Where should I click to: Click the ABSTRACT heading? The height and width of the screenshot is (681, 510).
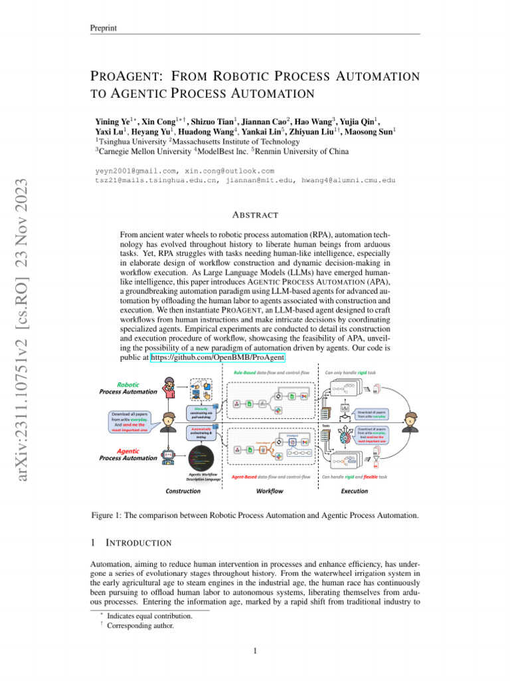[x=255, y=215]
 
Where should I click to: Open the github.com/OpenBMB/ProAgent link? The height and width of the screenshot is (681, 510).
[x=218, y=358]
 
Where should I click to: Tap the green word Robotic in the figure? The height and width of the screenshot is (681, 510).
[x=127, y=384]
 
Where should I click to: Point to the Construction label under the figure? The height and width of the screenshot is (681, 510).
[x=183, y=491]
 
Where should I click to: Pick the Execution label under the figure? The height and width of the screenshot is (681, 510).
[x=355, y=491]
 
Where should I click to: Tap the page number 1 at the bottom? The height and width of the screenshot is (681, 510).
[x=255, y=650]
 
